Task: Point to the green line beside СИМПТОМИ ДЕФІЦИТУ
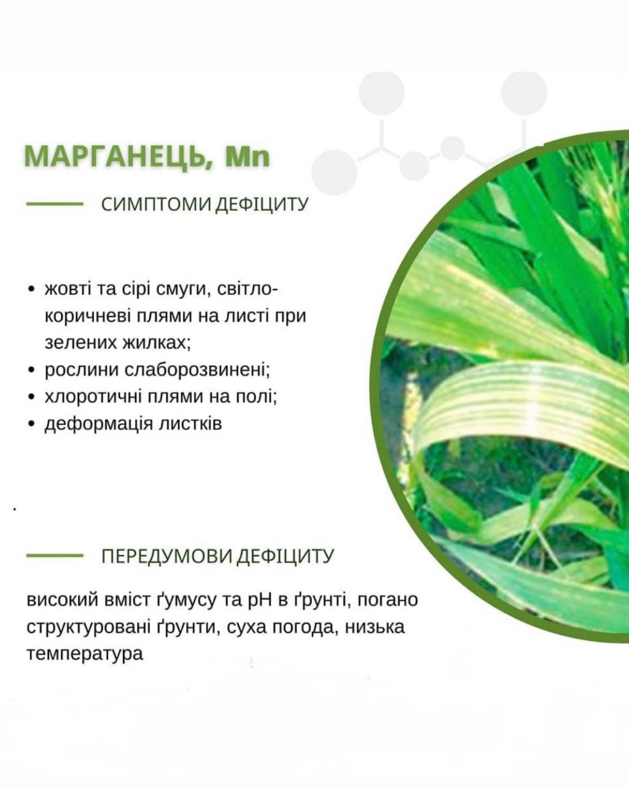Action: coord(55,204)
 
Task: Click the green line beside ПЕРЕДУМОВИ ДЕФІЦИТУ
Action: coord(55,555)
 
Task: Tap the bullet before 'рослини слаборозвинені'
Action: coord(31,370)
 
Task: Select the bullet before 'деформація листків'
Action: coord(31,424)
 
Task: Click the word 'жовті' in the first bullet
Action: coord(68,289)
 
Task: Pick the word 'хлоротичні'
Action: coord(93,396)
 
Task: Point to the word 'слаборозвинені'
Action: coord(197,370)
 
